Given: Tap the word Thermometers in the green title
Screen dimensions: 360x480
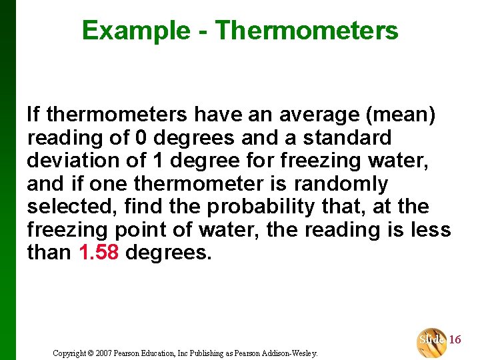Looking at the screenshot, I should [x=307, y=31].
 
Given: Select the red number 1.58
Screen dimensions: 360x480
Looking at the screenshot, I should [x=99, y=253].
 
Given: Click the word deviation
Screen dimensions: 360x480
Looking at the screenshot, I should [x=73, y=161].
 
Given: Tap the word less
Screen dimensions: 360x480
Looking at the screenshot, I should [x=432, y=230].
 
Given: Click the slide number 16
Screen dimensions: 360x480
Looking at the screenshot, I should [x=455, y=340].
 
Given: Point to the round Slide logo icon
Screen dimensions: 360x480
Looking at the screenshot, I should [x=432, y=341].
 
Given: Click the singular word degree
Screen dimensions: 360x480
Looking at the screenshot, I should [x=206, y=161].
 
